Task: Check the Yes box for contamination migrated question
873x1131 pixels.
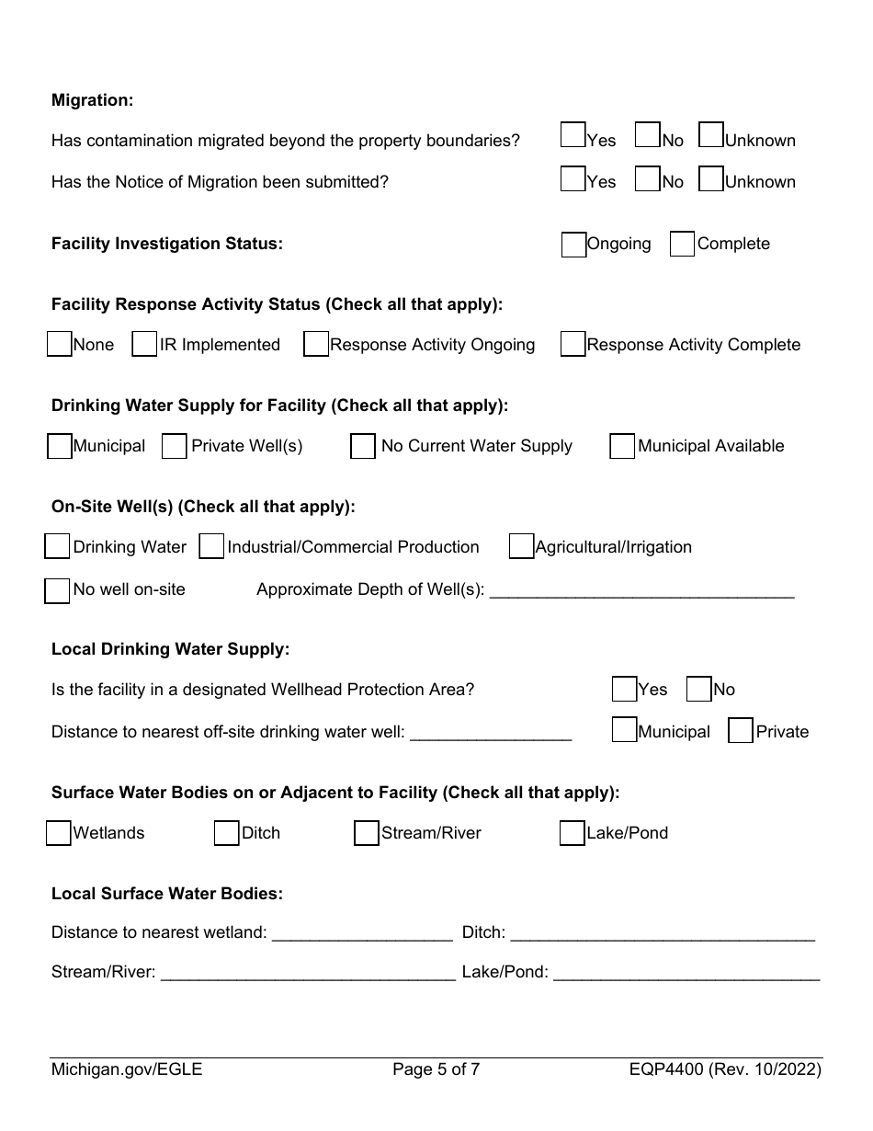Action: click(x=573, y=136)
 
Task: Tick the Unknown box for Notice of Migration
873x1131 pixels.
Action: click(x=711, y=178)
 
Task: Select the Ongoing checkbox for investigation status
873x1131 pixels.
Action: click(x=573, y=245)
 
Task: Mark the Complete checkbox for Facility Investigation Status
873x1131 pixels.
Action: click(x=682, y=245)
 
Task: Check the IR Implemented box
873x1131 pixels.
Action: click(x=144, y=345)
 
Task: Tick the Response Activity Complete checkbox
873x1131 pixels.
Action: click(x=573, y=345)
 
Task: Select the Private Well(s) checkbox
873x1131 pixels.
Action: click(x=175, y=447)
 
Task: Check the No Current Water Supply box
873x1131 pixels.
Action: click(x=363, y=447)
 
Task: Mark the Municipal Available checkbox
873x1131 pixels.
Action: click(x=622, y=447)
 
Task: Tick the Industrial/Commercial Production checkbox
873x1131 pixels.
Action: click(x=211, y=547)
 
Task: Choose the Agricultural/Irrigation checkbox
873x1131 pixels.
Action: click(x=521, y=547)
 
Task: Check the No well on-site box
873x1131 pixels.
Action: click(x=57, y=590)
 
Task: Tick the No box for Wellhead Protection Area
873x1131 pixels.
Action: click(x=698, y=690)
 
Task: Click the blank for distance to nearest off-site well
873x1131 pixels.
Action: click(x=491, y=733)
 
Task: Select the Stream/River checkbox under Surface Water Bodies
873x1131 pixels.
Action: click(x=367, y=833)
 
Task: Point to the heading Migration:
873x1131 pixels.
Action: click(x=92, y=100)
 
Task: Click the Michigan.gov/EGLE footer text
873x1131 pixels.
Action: click(x=127, y=1069)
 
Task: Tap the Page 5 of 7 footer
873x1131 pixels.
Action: click(x=436, y=1069)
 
